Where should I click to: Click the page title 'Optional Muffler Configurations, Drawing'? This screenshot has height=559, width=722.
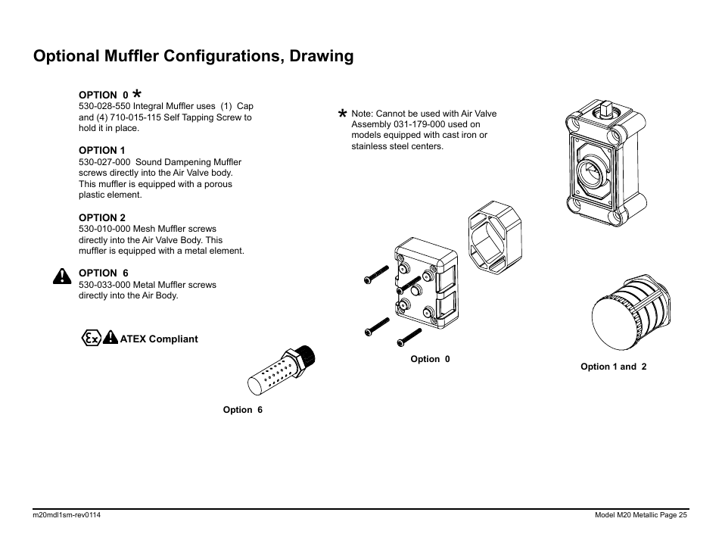[x=193, y=56]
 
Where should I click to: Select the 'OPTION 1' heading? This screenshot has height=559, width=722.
[x=102, y=150]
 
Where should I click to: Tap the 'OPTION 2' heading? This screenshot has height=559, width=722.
[x=102, y=217]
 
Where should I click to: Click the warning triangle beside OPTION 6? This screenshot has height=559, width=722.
[x=62, y=276]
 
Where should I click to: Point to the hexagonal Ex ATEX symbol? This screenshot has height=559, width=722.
[x=91, y=339]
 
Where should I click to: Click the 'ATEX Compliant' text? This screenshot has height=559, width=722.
[x=159, y=339]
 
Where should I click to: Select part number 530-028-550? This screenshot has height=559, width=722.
[x=109, y=107]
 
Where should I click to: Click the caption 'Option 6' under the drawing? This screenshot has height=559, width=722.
[x=242, y=410]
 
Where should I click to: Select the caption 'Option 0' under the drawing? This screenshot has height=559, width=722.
[x=430, y=359]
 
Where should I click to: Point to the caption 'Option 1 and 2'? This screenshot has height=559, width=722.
[x=613, y=367]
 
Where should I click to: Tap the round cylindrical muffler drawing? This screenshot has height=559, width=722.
[x=627, y=312]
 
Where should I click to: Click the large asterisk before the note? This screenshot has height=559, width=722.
[x=343, y=114]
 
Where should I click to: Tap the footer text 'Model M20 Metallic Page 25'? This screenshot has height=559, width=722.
[x=641, y=516]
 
